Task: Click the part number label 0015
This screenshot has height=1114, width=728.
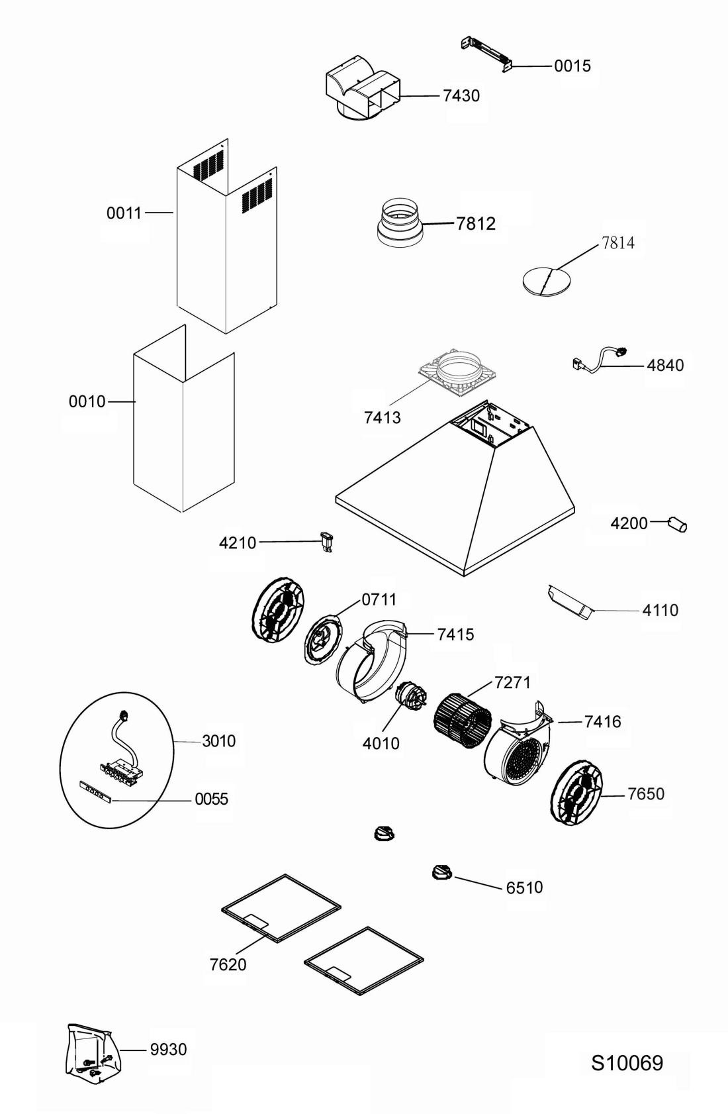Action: pos(572,66)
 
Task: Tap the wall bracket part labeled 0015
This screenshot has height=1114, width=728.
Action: pos(487,55)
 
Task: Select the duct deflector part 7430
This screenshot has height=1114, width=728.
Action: pos(363,88)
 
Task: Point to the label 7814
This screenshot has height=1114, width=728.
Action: pos(617,242)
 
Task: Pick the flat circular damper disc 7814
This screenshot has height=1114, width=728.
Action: pos(546,281)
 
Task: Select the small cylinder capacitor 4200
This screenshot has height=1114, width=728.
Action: pos(678,525)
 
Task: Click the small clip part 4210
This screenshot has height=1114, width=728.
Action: pos(326,542)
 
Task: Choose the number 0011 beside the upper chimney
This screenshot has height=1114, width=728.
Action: pos(124,213)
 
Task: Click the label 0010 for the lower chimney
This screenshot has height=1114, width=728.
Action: pos(87,401)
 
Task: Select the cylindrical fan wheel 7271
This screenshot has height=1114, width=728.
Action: pos(463,721)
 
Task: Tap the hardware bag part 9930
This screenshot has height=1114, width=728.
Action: pos(93,1050)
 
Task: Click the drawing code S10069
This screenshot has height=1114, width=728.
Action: pos(627,1063)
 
